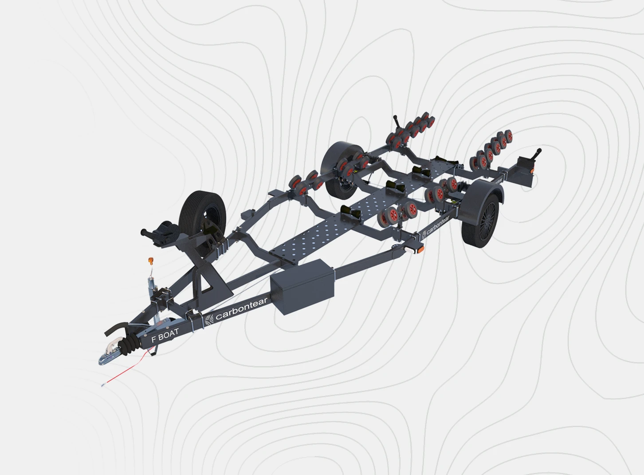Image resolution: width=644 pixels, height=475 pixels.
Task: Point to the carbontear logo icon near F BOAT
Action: [209, 319]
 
